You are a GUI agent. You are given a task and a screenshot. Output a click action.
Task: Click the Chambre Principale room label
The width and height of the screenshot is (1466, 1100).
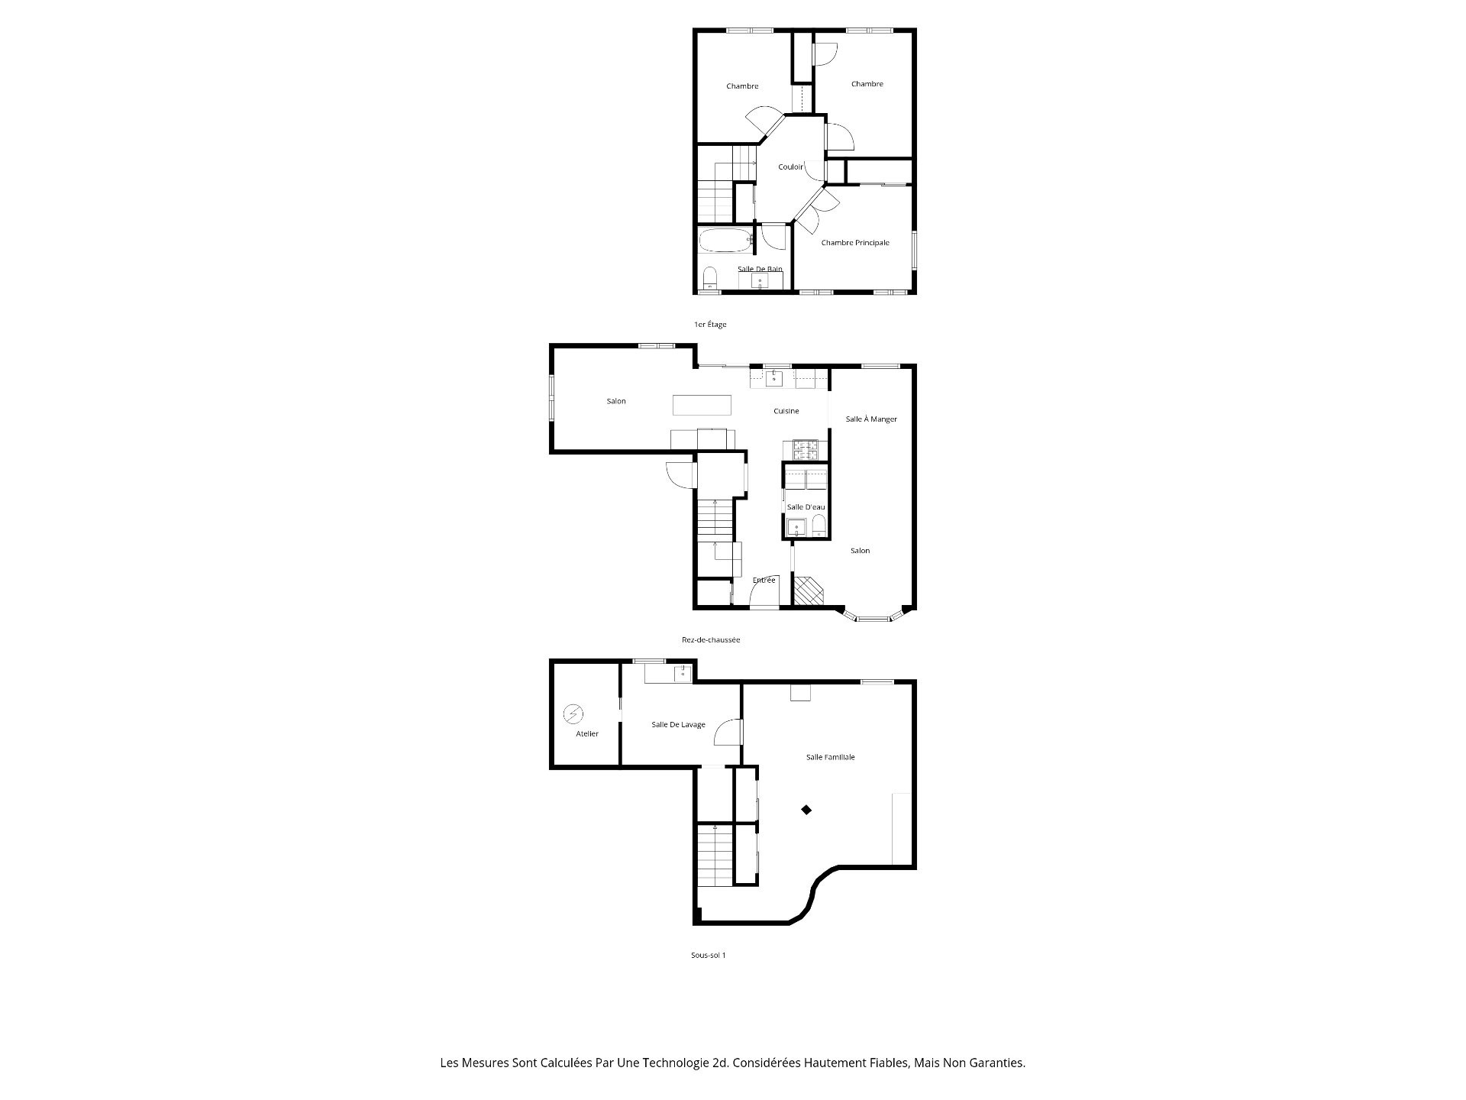coord(855,243)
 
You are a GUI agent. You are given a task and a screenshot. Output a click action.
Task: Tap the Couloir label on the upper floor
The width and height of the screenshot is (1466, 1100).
coord(791,167)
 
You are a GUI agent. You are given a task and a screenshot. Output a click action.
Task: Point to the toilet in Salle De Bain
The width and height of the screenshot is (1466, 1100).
coord(709,277)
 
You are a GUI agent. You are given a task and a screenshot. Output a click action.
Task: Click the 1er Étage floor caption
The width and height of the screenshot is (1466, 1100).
coord(710,325)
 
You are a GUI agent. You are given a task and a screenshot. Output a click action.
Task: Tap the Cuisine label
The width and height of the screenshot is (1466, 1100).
coord(786,411)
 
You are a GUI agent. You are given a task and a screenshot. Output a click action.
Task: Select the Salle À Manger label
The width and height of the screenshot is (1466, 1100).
coord(871,419)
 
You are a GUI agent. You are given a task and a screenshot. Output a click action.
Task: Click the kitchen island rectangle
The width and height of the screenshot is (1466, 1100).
coord(702,404)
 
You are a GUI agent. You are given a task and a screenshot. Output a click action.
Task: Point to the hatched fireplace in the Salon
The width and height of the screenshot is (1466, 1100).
coord(809,591)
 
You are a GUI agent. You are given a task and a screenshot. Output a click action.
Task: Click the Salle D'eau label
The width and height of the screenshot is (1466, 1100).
coord(806,507)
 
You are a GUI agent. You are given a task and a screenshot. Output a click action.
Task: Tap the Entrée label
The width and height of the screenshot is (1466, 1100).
coord(764,580)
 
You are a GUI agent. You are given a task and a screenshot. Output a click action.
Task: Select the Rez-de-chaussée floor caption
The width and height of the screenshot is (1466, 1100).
coord(711,640)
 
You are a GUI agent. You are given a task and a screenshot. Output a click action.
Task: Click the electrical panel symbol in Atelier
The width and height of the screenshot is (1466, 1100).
coord(573,714)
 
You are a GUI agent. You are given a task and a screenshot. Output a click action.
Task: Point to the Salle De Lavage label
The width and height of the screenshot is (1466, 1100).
coord(678,725)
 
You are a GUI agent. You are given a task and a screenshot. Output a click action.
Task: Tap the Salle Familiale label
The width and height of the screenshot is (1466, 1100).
coord(831,757)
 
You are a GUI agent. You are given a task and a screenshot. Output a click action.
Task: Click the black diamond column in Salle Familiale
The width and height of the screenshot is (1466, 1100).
coord(806,810)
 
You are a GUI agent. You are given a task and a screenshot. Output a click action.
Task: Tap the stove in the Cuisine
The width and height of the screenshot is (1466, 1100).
coord(806,446)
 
